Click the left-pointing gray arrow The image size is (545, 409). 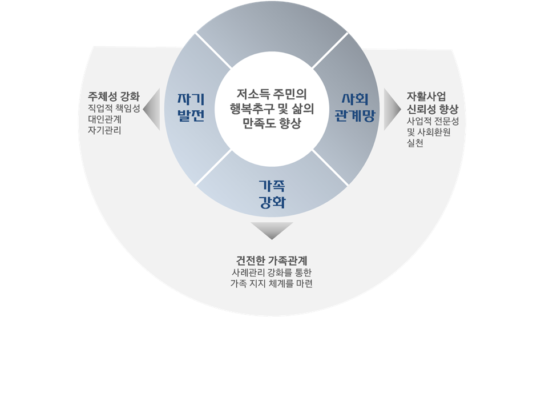coord(152,109)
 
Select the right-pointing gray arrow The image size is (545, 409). coord(391,109)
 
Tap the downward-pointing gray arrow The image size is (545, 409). coord(272,230)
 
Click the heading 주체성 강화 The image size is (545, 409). coord(114,95)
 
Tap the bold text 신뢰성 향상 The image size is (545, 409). coord(433,109)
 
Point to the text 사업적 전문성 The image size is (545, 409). coord(433,121)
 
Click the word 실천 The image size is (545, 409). coord(415,144)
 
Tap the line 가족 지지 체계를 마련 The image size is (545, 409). coord(272,283)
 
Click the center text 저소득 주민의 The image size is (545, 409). coord(272,93)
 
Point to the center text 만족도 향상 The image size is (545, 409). coord(272,123)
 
